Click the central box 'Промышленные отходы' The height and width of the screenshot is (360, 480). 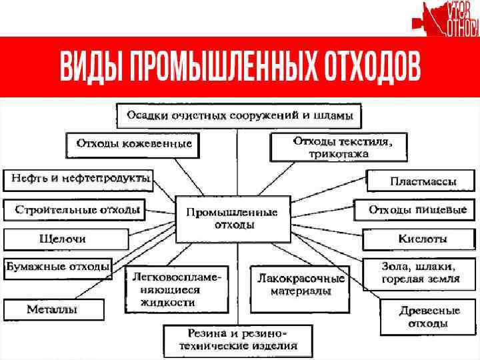point(232,219)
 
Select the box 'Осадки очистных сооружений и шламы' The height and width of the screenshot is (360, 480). point(239,115)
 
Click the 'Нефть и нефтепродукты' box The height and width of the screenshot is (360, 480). point(78,179)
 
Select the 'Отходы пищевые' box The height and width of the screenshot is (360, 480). point(417,210)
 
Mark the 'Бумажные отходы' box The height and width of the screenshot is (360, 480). point(58,267)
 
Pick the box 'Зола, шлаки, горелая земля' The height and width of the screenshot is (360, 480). point(420,272)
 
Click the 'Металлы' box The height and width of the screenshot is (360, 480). point(53,309)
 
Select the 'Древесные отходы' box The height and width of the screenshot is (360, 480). point(420,317)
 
